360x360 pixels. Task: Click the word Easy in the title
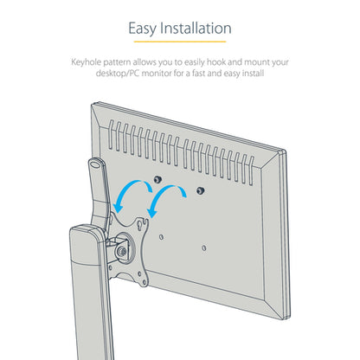[x=143, y=29]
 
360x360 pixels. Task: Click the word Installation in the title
[x=196, y=29]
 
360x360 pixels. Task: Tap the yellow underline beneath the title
[x=180, y=42]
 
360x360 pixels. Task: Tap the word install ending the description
[x=253, y=74]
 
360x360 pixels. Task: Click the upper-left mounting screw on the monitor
[x=157, y=180]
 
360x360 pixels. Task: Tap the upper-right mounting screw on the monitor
[x=200, y=190]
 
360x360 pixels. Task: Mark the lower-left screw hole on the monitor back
[x=161, y=237]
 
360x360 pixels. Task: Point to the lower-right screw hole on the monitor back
[x=204, y=247]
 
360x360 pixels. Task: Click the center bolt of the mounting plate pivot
[x=121, y=252]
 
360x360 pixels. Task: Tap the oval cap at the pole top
[x=94, y=164]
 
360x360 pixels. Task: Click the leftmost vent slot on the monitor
[x=111, y=135]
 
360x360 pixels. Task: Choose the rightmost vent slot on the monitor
[x=251, y=170]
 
